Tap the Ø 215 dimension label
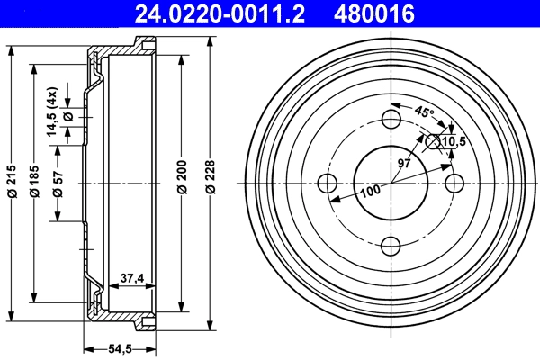point(12,182)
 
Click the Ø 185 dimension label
point(35,182)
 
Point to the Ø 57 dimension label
point(58,182)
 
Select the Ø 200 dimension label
point(183,182)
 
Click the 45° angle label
point(425,112)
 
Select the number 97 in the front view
point(405,162)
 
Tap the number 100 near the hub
point(370,192)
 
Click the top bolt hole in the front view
point(391,120)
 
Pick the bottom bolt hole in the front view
point(391,245)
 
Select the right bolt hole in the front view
point(454,183)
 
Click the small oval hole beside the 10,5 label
point(434,140)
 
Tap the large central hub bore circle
point(391,183)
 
